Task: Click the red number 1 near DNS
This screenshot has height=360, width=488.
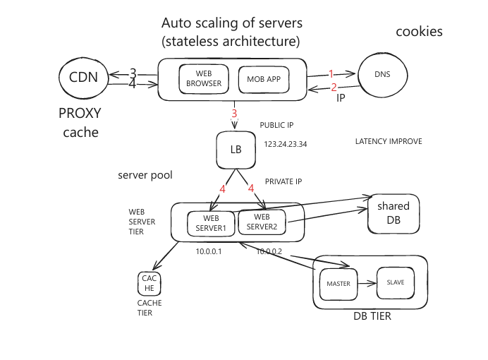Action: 331,74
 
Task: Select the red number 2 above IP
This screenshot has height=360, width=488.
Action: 334,88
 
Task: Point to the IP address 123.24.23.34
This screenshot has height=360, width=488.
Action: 286,144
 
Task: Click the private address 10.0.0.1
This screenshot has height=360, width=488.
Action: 209,251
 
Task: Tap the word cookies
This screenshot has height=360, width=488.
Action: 419,32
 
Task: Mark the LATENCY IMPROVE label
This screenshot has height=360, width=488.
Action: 389,141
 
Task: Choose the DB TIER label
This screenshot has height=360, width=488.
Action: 372,316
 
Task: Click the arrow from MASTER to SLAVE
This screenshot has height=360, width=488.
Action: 367,283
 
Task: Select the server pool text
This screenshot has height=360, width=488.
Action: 145,175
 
